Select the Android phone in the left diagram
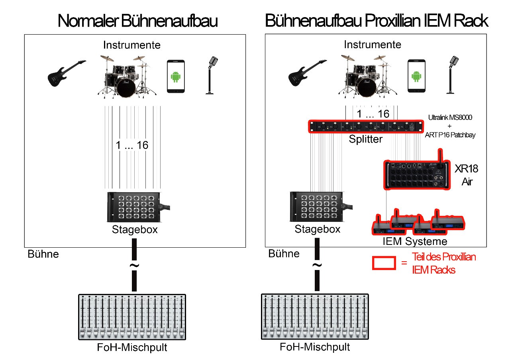click(175, 77)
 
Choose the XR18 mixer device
click(416, 174)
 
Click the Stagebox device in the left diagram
click(134, 207)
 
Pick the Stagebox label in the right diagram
click(318, 229)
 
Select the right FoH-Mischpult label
click(315, 347)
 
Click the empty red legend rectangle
click(384, 262)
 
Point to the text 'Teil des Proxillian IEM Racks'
click(444, 263)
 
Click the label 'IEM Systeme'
click(415, 241)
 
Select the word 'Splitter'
click(365, 140)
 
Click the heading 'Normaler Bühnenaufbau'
click(137, 21)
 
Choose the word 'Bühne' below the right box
click(284, 254)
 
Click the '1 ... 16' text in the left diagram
click(132, 145)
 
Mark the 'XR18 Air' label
click(467, 175)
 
